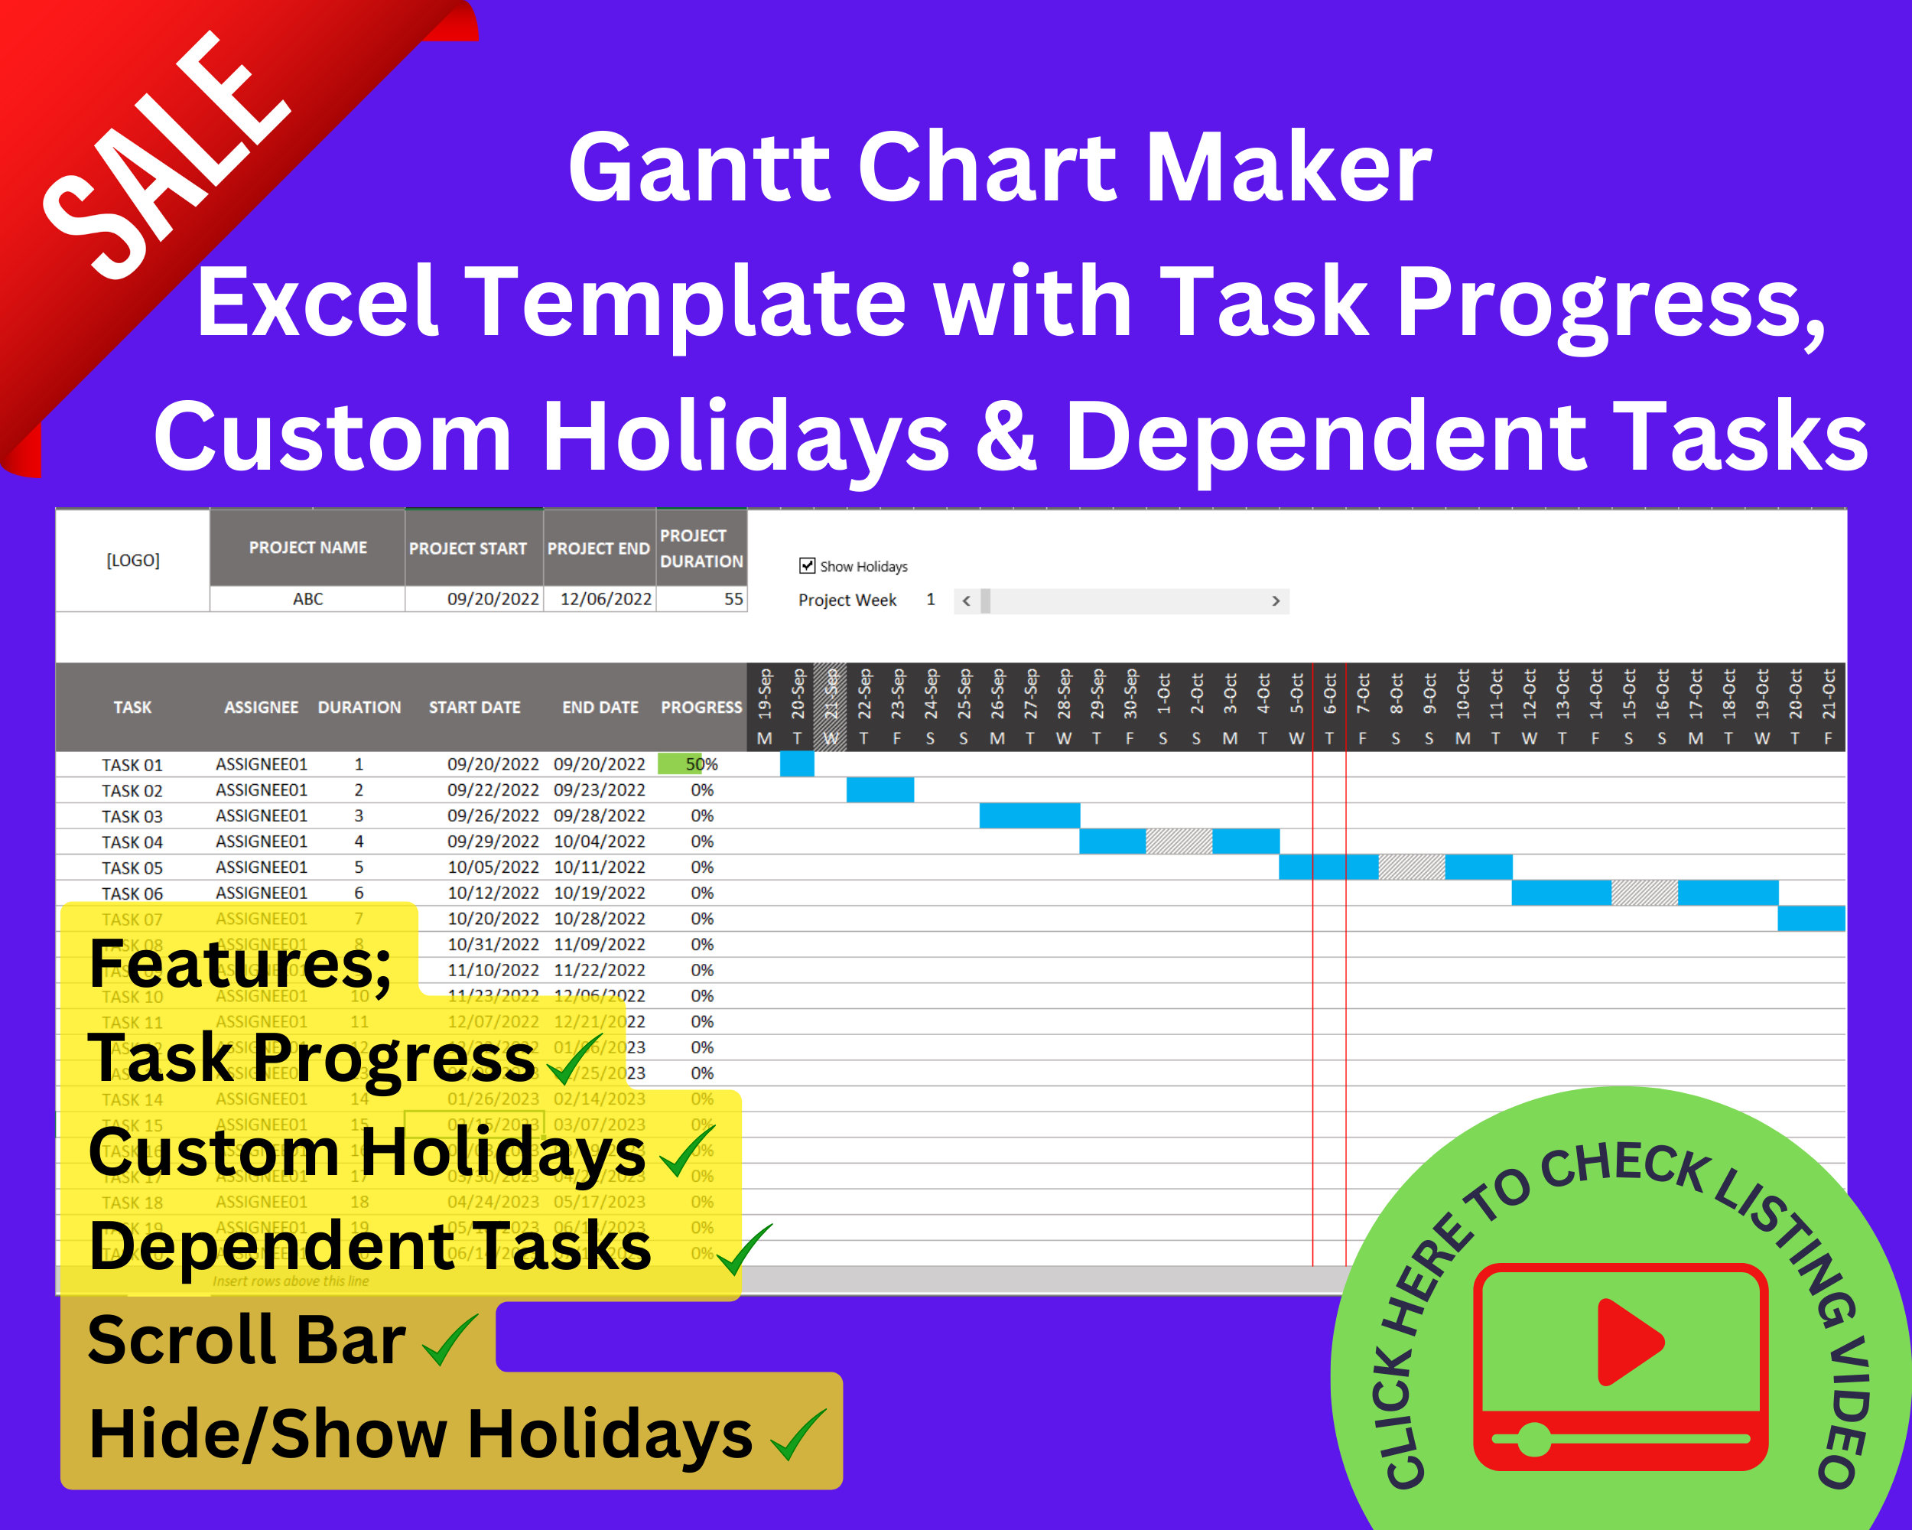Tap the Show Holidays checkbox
[807, 566]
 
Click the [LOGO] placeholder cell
[133, 561]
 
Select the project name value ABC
[307, 600]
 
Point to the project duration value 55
[733, 600]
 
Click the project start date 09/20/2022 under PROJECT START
[493, 600]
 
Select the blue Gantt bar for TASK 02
[880, 789]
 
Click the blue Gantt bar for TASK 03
[1029, 815]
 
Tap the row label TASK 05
[132, 868]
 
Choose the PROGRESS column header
[701, 707]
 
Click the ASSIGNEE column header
[261, 707]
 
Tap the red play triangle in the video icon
[1627, 1341]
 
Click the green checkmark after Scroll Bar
[450, 1340]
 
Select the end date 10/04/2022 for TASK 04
[600, 841]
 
